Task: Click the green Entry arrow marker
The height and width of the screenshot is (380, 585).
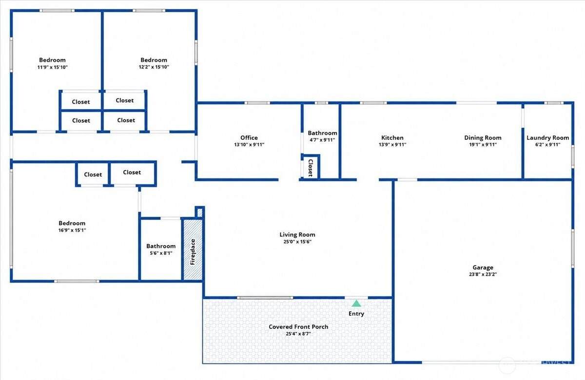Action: (x=356, y=303)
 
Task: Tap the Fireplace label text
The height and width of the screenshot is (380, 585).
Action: (x=193, y=252)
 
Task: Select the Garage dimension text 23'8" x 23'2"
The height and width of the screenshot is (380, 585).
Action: (x=483, y=274)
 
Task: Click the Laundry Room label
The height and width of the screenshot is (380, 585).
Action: (x=547, y=137)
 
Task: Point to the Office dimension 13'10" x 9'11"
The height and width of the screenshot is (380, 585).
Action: (x=249, y=145)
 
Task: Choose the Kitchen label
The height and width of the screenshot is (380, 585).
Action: (x=392, y=137)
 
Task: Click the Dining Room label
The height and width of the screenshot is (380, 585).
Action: (x=483, y=137)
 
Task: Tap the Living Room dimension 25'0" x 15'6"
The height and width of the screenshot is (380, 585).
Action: (x=297, y=242)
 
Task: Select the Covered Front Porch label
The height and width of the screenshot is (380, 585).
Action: (x=298, y=326)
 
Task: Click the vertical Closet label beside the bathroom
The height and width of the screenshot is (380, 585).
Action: (x=311, y=168)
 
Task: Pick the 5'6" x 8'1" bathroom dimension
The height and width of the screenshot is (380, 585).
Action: (x=161, y=253)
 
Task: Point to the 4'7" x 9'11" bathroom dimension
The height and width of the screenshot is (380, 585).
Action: (x=322, y=140)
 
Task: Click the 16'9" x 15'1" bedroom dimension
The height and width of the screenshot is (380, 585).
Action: (x=72, y=230)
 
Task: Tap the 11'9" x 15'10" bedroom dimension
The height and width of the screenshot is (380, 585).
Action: (x=52, y=67)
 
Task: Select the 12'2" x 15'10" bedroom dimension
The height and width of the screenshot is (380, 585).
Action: (x=154, y=67)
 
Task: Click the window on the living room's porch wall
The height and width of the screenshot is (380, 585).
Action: (x=265, y=298)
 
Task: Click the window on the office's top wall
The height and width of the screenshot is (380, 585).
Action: (x=257, y=103)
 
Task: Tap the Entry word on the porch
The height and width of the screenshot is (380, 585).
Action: (x=356, y=314)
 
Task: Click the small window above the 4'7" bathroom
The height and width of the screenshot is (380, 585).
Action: (x=321, y=103)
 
